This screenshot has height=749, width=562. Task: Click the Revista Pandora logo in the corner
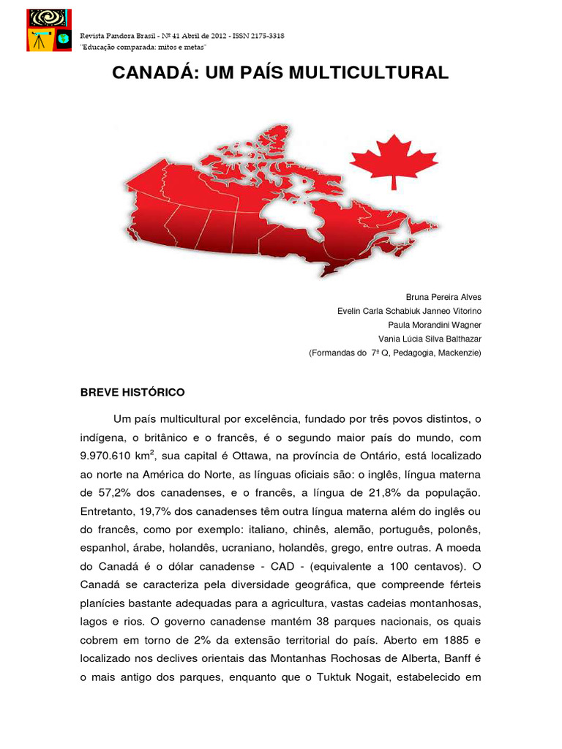pyautogui.click(x=49, y=30)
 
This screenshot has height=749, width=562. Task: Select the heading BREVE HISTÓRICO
pyautogui.click(x=132, y=392)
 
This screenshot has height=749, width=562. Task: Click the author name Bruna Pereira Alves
pyautogui.click(x=443, y=297)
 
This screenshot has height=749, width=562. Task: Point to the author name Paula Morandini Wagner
pyautogui.click(x=435, y=325)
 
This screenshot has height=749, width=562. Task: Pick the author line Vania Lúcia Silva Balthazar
pyautogui.click(x=430, y=339)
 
